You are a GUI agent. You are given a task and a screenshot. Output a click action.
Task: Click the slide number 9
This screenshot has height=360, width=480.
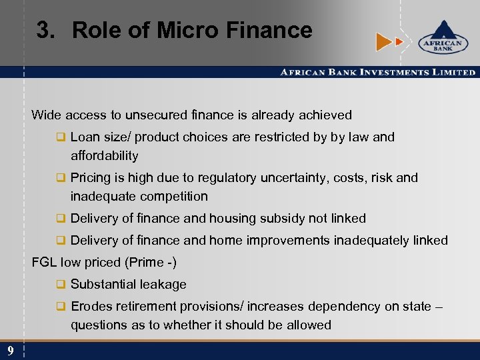pos(11,351)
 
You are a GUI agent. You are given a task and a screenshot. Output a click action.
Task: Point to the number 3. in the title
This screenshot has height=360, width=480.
pos(49,30)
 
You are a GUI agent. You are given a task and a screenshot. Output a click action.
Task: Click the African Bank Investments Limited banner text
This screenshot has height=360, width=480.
pos(377,72)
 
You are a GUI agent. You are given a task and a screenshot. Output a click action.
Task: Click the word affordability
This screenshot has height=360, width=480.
pos(105,156)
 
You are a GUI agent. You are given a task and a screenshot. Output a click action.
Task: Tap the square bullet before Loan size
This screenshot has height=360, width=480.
pos(61,137)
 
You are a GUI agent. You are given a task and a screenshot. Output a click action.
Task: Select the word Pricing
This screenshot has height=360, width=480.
pos(92,178)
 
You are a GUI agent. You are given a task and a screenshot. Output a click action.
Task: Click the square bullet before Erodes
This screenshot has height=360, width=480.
pos(61,307)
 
